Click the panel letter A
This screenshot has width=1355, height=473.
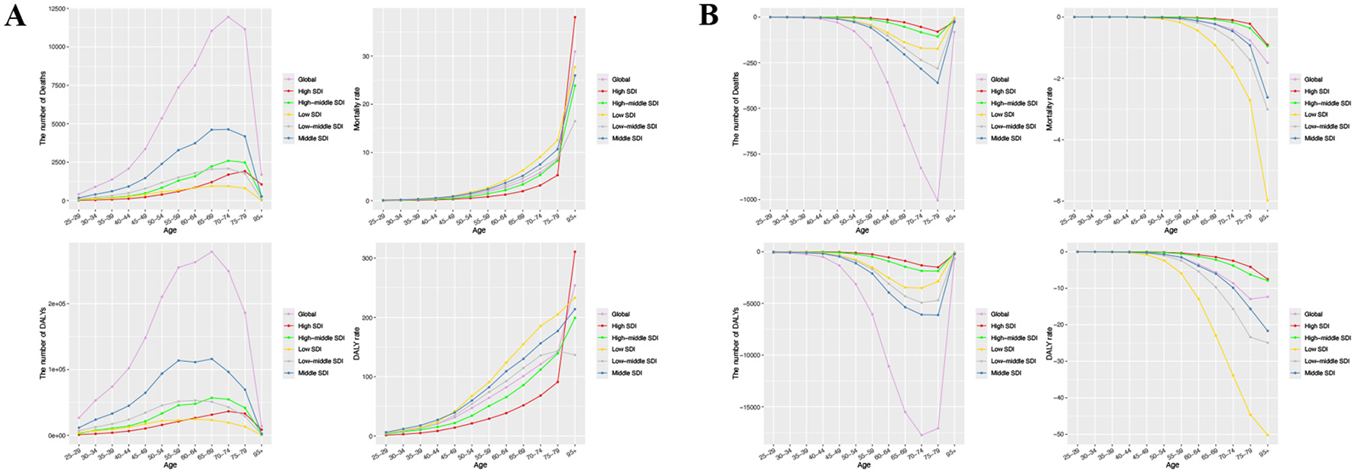[x=15, y=16]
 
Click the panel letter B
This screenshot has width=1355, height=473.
[x=708, y=16]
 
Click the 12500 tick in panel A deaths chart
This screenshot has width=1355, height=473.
[x=53, y=8]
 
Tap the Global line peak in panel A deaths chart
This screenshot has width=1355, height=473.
[x=228, y=17]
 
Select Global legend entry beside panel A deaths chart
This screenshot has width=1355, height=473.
[x=305, y=79]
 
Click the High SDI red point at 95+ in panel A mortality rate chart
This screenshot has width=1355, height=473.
[x=574, y=17]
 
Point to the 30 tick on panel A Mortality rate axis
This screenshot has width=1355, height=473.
[x=368, y=56]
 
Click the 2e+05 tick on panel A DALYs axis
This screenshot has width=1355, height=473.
[x=53, y=303]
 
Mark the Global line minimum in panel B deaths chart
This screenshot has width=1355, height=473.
[x=937, y=201]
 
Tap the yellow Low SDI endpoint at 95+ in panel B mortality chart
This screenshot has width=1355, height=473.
[x=1266, y=201]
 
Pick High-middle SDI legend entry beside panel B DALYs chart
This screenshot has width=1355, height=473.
[x=1011, y=338]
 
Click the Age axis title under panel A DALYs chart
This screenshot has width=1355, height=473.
[x=170, y=465]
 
